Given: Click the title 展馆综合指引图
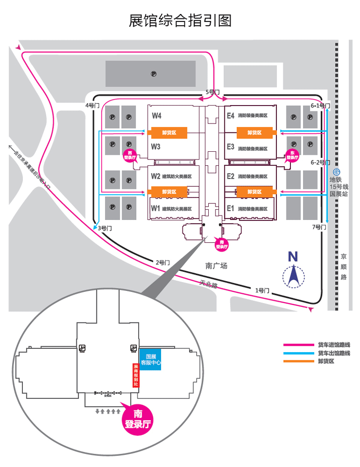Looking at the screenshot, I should (180, 20).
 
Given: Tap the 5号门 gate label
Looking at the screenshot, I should (213, 91).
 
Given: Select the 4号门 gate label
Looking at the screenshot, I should (91, 105).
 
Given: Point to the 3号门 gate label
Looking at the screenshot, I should (105, 228).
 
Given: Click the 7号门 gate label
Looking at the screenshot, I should (318, 227).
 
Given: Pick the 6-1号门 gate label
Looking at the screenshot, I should (321, 106).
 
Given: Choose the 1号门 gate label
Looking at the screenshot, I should (262, 290).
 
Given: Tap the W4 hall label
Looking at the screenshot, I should (156, 116).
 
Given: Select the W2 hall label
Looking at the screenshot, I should (156, 176).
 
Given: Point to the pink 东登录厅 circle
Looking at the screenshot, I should (292, 156).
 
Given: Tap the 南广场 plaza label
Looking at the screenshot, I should (216, 266).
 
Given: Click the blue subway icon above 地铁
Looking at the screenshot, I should (336, 172).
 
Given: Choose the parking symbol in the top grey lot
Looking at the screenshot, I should (153, 74).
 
